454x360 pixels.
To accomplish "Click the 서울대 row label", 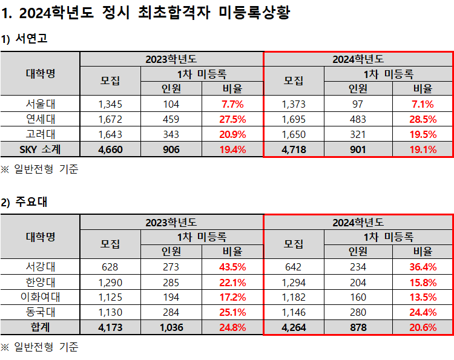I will point(40,103).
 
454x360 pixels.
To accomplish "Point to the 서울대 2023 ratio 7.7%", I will point(233,103).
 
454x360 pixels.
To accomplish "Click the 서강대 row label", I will point(40,266).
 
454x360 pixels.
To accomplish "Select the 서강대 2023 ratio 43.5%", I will point(233,266).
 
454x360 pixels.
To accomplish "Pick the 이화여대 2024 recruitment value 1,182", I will point(294,297).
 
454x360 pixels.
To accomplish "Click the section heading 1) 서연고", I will point(24,39).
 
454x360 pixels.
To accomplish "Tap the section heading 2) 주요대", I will point(24,202).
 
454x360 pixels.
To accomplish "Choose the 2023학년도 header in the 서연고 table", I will point(171,59).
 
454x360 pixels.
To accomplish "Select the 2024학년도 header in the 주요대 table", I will point(358,222).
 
